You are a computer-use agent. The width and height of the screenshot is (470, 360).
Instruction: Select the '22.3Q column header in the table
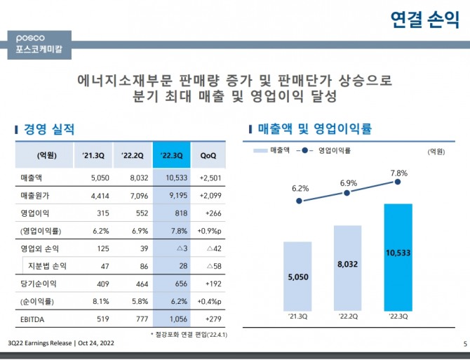pyautogui.click(x=171, y=154)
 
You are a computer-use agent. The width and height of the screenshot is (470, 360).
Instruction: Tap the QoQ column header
pyautogui.click(x=208, y=154)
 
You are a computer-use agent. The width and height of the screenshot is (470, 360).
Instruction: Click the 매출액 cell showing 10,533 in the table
pyautogui.click(x=171, y=178)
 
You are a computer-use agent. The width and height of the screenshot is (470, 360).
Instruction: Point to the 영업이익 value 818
pyautogui.click(x=174, y=212)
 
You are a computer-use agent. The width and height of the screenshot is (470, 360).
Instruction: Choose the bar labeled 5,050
pyautogui.click(x=297, y=276)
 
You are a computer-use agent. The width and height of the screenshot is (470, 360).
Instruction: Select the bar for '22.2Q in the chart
pyautogui.click(x=347, y=267)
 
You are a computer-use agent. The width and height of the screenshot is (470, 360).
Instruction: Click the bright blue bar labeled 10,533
pyautogui.click(x=398, y=257)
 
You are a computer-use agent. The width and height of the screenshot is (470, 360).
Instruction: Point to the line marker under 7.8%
pyautogui.click(x=398, y=182)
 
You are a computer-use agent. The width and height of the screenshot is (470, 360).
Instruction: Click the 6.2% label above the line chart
pyautogui.click(x=300, y=188)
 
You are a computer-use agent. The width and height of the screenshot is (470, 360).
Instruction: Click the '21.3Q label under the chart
pyautogui.click(x=297, y=317)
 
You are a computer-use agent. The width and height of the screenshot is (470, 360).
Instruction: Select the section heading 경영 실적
pyautogui.click(x=48, y=129)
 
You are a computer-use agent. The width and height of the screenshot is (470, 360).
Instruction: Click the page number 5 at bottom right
pyautogui.click(x=464, y=343)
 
